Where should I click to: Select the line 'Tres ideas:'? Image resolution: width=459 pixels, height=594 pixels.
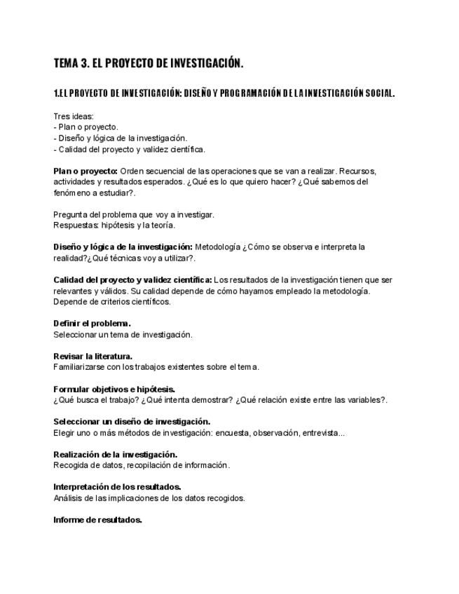tap(74, 116)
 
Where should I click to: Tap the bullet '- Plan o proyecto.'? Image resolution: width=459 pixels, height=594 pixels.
tap(85, 127)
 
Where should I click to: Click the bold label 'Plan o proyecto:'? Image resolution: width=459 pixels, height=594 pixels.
tap(85, 171)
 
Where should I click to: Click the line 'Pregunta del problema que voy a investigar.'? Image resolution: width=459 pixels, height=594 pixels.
tap(134, 214)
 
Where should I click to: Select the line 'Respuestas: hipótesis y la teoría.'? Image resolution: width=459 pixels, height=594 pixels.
tap(114, 226)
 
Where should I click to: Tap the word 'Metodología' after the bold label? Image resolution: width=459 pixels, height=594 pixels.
tap(217, 247)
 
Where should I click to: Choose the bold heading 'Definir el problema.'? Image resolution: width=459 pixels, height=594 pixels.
tap(92, 324)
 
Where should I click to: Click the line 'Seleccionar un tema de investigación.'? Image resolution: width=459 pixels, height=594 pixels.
tap(123, 335)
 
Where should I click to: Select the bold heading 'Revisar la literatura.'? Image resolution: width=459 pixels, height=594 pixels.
tap(93, 356)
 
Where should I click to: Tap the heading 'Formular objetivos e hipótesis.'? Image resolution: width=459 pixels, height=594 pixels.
tap(114, 389)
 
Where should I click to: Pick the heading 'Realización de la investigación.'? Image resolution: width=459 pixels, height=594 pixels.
tap(115, 455)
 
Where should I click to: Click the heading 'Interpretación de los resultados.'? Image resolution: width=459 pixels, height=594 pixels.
tap(117, 487)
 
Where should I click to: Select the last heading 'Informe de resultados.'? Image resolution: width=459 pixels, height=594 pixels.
tap(97, 520)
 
